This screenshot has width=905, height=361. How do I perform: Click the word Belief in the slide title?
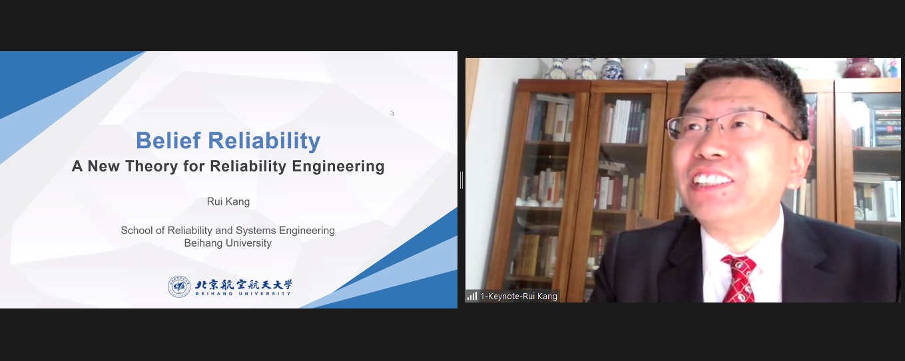click(x=168, y=140)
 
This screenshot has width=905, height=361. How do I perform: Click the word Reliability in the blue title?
click(x=264, y=141)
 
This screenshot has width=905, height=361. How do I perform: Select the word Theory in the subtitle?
click(x=152, y=166)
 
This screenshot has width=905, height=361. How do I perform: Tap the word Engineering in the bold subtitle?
click(x=338, y=166)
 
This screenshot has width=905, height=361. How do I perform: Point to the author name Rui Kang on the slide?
click(x=228, y=201)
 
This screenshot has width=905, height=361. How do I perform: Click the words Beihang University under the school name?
click(x=228, y=243)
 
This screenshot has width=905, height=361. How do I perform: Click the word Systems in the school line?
click(x=256, y=230)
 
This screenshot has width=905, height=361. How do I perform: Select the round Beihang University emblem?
click(x=179, y=287)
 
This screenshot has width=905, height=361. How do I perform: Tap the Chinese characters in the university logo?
click(x=244, y=285)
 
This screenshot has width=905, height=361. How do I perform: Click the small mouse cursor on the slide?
click(x=393, y=113)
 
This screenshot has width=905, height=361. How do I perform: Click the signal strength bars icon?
click(x=472, y=296)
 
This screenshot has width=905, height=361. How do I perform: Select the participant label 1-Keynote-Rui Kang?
click(x=519, y=296)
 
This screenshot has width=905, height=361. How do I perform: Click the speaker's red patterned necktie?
click(x=739, y=279)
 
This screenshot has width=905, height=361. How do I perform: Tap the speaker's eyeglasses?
click(x=731, y=125)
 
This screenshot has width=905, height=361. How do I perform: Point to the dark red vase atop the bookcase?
click(x=861, y=68)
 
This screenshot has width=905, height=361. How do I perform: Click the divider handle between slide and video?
click(x=461, y=180)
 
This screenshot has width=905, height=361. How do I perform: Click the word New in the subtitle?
click(x=103, y=166)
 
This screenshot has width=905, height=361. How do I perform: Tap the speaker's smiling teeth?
click(x=712, y=179)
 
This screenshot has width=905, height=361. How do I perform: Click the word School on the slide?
click(x=137, y=230)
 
